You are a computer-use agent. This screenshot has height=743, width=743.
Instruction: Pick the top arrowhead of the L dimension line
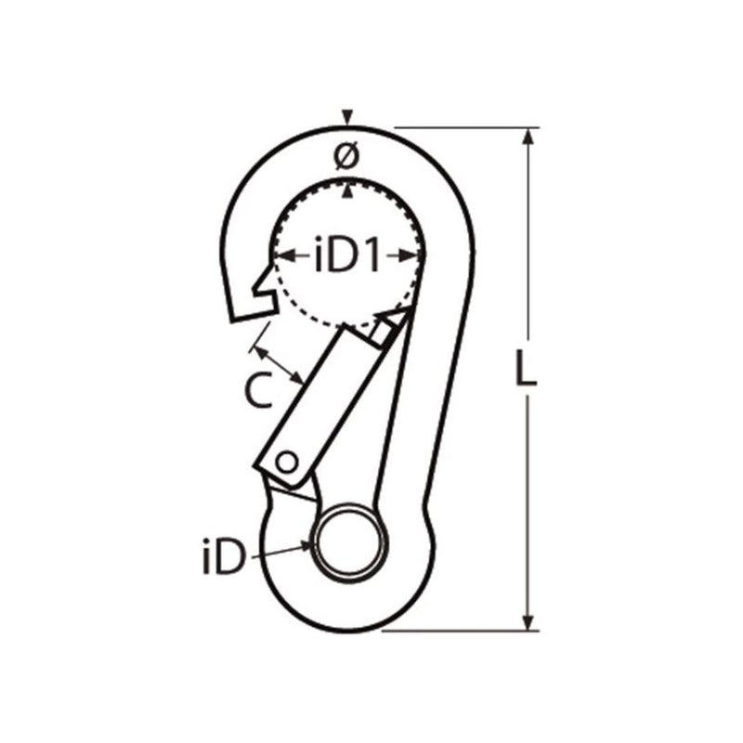[x=528, y=136]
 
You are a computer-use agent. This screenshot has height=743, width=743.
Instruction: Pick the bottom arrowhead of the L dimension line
[x=528, y=623]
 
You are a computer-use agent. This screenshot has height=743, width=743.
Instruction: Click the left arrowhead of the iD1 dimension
[x=279, y=254]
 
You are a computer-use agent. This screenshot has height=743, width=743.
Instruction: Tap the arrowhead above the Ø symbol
[x=346, y=118]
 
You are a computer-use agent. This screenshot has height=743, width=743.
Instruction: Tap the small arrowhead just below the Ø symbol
[x=346, y=190]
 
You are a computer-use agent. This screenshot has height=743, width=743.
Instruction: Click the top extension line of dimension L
[x=464, y=127]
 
